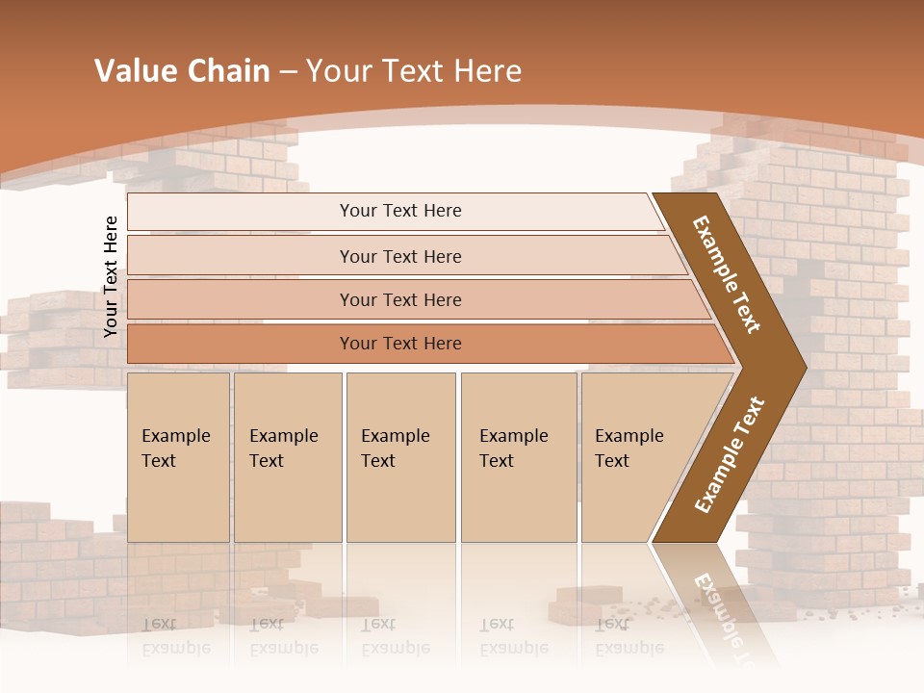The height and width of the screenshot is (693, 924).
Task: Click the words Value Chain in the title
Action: tap(182, 71)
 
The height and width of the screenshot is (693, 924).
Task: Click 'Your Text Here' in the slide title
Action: tap(414, 71)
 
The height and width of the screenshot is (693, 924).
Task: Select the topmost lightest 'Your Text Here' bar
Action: tap(399, 211)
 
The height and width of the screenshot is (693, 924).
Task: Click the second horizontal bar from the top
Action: tap(399, 256)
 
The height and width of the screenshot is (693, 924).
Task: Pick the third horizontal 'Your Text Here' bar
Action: tap(399, 299)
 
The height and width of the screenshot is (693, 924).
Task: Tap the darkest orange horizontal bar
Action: tap(399, 344)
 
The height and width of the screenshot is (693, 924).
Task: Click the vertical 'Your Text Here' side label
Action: tap(111, 276)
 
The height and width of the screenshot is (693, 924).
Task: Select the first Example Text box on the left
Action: tap(178, 456)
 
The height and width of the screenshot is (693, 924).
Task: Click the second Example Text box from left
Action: tap(287, 456)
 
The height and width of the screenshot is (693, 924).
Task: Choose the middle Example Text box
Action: tap(400, 456)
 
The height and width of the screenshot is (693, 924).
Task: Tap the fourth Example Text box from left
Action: tap(518, 456)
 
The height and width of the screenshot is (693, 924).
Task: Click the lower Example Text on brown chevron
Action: tap(730, 454)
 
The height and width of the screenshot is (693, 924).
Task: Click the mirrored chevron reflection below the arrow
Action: tap(712, 602)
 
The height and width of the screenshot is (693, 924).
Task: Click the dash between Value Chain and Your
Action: tap(287, 71)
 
